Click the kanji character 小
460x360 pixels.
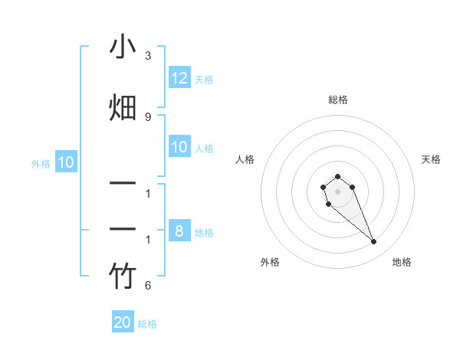click(123, 48)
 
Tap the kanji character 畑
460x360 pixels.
click(123, 107)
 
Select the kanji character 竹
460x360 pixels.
click(123, 277)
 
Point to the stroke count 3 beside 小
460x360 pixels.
click(148, 56)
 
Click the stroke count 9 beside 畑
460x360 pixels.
click(148, 116)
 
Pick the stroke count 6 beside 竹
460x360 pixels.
click(148, 286)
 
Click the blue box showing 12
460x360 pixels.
click(179, 78)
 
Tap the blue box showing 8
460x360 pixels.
click(179, 231)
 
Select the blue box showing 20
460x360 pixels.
click(123, 322)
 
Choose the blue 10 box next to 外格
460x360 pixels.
click(66, 162)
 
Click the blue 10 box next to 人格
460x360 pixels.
click(179, 147)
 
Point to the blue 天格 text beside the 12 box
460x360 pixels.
click(204, 79)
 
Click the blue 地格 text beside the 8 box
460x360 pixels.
click(204, 232)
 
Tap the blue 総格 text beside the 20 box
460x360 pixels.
click(147, 324)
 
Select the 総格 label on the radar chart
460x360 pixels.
click(337, 100)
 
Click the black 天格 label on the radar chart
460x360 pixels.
click(431, 159)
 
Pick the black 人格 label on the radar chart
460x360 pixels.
click(245, 159)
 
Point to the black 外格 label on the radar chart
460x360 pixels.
click(270, 262)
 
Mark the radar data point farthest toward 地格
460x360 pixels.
click(374, 242)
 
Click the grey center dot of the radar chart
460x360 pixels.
click(337, 191)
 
